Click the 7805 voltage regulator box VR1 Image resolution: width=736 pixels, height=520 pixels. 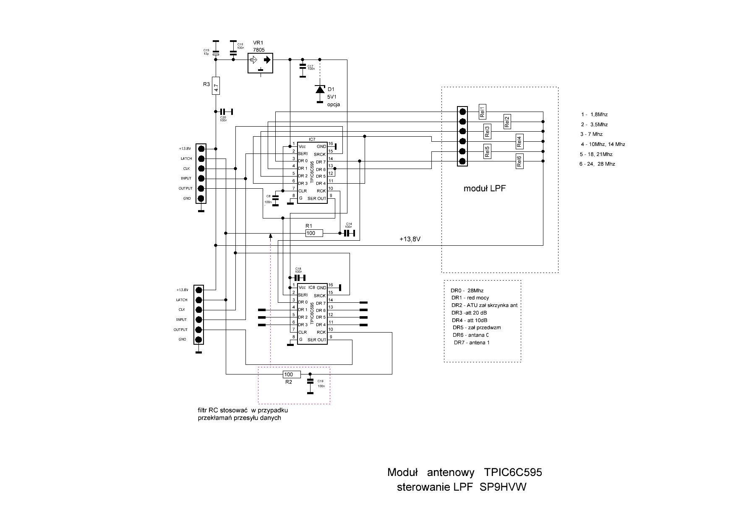click(260, 63)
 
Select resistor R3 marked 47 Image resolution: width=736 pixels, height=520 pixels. click(216, 86)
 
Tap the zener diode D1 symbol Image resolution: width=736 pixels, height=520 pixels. click(320, 89)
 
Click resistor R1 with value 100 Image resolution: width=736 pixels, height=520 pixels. click(314, 233)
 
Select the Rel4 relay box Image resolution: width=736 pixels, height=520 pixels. click(519, 142)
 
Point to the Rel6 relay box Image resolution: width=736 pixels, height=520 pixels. click(519, 161)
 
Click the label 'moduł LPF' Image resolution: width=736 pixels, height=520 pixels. click(484, 189)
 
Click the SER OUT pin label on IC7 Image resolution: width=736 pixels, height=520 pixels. click(316, 198)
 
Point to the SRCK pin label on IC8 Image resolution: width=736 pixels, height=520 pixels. click(320, 296)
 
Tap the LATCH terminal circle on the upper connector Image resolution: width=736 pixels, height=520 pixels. click(201, 159)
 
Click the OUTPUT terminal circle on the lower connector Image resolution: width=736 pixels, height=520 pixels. click(198, 330)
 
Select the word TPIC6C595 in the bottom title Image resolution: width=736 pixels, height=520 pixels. click(513, 473)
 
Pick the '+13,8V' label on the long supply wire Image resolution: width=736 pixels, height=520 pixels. click(410, 239)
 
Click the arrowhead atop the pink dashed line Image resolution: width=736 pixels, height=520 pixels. click(271, 236)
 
